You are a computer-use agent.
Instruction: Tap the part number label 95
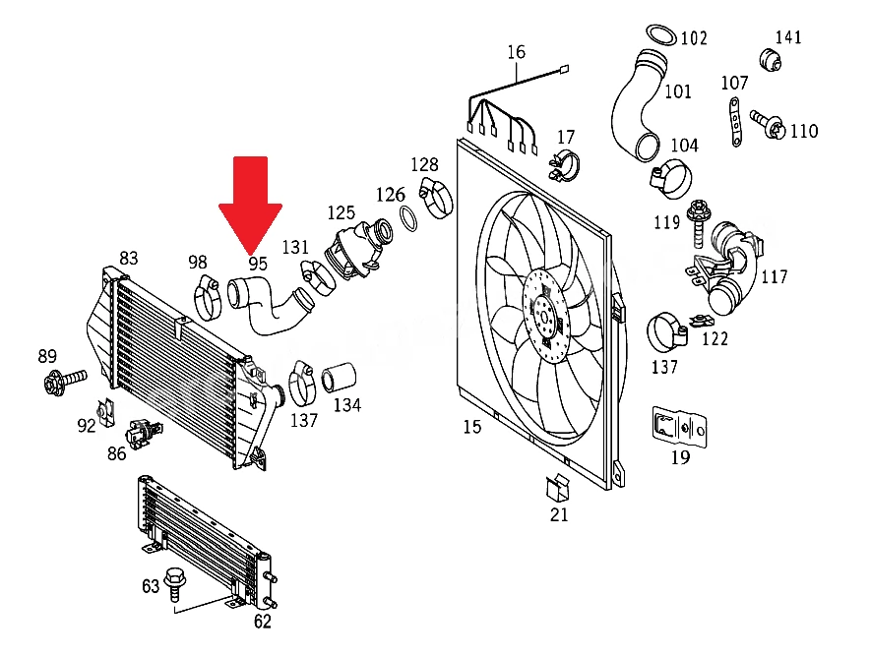258,264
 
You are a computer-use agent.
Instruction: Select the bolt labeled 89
64,381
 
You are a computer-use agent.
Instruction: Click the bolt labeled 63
175,584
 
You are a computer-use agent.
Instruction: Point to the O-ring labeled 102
661,35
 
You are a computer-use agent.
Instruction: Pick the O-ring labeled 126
408,218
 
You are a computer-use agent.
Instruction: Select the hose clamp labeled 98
207,298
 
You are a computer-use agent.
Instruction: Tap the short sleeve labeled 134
339,378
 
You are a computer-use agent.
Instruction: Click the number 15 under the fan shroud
472,427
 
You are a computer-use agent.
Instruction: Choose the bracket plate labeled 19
680,427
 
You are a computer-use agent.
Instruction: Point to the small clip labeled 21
558,488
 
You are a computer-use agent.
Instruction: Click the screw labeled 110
768,125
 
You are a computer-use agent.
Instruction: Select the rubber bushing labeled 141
771,60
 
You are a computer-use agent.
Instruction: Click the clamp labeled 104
671,179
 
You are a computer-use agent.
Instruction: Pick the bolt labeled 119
696,223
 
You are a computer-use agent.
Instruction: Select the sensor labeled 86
143,433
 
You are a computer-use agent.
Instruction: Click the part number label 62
263,622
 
